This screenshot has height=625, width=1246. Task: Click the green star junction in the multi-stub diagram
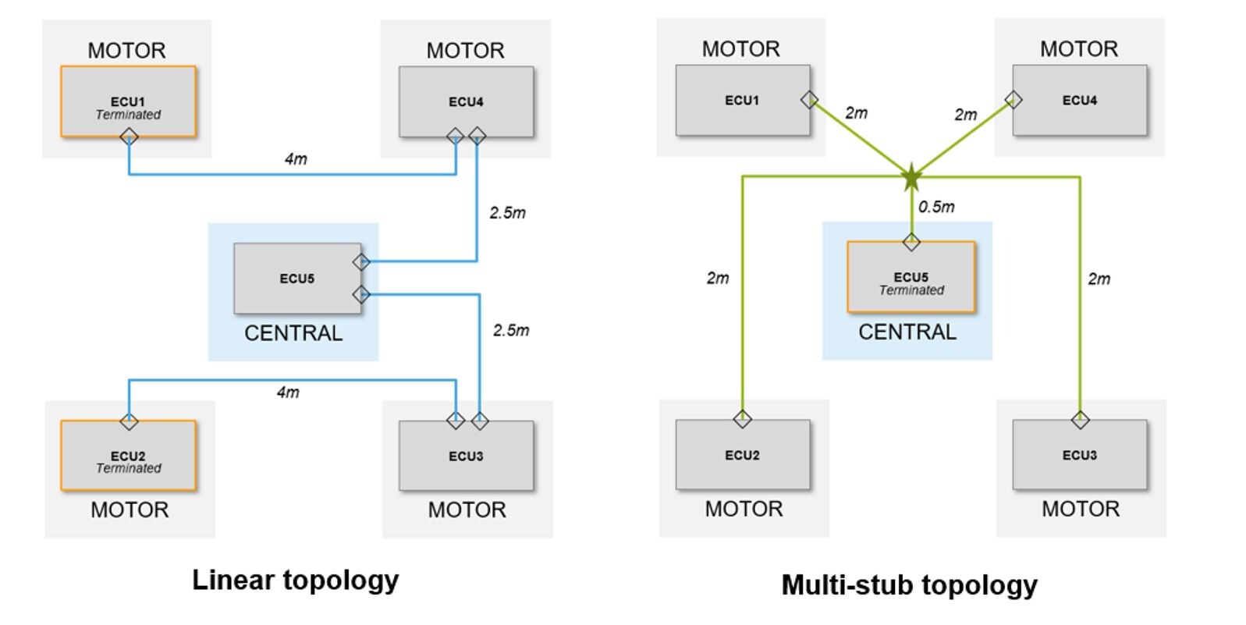click(911, 178)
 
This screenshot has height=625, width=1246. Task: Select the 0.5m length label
click(936, 207)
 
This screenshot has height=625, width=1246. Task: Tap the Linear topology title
click(295, 580)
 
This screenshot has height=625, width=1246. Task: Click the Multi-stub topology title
click(909, 584)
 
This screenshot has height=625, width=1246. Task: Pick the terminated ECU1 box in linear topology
click(128, 102)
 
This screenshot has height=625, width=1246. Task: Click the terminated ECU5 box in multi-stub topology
click(911, 278)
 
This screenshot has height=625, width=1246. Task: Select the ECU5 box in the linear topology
click(297, 279)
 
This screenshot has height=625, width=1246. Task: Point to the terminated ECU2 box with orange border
click(128, 456)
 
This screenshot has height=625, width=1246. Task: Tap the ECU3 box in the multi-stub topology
click(1079, 455)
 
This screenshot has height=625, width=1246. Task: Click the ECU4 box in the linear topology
click(466, 102)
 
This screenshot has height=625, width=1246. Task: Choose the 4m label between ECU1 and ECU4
click(296, 159)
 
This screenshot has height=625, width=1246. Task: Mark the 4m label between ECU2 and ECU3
click(288, 392)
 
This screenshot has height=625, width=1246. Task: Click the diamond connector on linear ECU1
click(129, 137)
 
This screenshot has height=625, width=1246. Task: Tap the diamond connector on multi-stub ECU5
click(911, 242)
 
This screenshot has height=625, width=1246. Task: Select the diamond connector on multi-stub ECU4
click(1013, 100)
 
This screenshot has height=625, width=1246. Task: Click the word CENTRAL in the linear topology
click(293, 333)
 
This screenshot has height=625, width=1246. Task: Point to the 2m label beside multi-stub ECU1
click(856, 113)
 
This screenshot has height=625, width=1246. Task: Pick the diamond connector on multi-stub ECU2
click(742, 419)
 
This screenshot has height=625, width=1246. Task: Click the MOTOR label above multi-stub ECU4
click(1078, 49)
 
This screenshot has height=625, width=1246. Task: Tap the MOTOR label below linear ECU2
click(130, 510)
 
